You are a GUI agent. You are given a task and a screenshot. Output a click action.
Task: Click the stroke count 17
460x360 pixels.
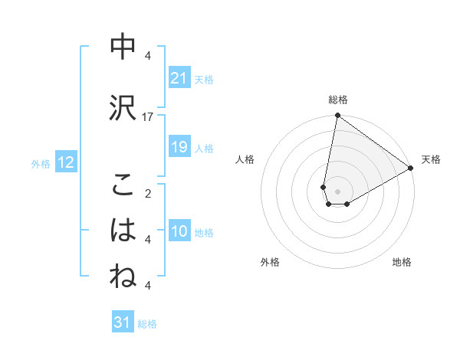[148, 116]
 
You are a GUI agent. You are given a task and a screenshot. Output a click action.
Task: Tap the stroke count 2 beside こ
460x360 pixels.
[148, 193]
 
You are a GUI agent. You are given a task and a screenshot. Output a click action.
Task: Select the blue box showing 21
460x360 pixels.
[179, 78]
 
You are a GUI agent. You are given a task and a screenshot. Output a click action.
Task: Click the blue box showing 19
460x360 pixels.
[179, 147]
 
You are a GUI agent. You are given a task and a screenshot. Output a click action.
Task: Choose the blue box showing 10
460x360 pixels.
[179, 231]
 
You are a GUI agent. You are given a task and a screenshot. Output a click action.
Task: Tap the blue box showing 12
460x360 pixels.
[66, 162]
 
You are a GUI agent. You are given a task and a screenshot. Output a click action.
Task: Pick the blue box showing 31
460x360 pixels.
[123, 322]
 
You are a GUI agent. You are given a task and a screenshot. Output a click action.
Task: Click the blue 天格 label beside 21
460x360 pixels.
[204, 79]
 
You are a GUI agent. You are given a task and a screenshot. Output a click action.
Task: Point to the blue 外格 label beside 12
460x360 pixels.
[41, 163]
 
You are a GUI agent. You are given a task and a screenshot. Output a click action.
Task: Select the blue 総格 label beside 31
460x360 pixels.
[147, 324]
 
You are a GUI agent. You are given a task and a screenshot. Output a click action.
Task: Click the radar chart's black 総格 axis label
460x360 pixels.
[338, 100]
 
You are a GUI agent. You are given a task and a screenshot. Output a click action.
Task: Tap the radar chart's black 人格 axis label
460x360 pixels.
[245, 159]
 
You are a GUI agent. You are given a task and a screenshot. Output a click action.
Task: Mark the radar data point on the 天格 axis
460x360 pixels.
[411, 169]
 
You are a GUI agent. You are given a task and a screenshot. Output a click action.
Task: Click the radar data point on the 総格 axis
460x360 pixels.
[337, 116]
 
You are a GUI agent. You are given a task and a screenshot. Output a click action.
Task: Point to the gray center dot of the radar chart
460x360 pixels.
[337, 191]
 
